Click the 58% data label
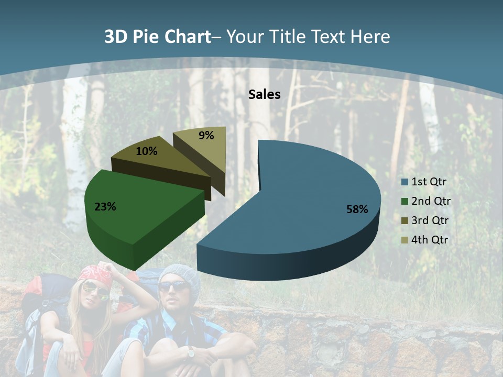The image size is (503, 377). click(x=357, y=209)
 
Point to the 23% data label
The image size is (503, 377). click(x=105, y=207)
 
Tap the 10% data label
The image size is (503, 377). click(x=147, y=151)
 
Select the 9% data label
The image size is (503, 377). click(x=206, y=136)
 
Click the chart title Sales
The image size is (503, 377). click(x=265, y=94)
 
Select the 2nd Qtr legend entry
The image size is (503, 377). click(x=431, y=201)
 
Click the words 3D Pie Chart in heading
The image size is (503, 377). click(x=157, y=37)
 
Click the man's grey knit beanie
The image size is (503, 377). click(x=181, y=275)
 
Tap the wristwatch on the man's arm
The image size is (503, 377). click(x=191, y=353)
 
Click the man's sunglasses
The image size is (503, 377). click(x=173, y=286)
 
